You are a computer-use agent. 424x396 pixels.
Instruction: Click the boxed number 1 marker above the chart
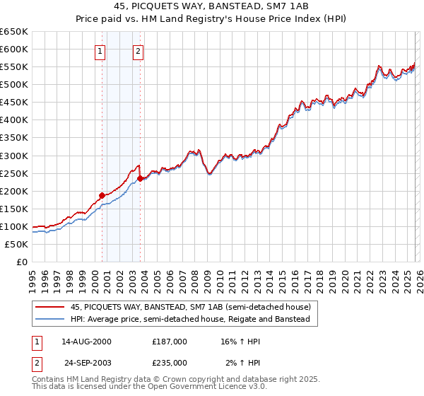(x=100, y=51)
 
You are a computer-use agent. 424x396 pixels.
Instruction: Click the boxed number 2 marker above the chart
(x=138, y=51)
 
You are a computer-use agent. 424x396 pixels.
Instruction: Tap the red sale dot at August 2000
(x=102, y=195)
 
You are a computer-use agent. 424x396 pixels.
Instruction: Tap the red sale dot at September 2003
(x=141, y=178)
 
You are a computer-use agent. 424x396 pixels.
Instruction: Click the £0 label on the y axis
(x=21, y=262)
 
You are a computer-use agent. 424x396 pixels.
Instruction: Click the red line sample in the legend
(x=50, y=307)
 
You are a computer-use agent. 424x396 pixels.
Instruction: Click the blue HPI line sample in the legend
(x=50, y=320)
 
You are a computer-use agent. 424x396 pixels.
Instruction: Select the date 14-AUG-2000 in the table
(x=86, y=342)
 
